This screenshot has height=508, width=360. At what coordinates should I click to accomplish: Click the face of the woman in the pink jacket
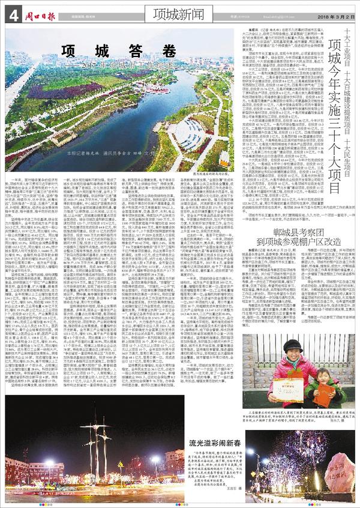(295, 349)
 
